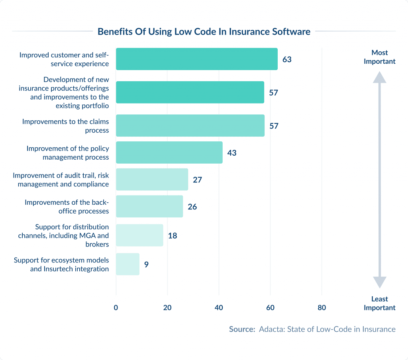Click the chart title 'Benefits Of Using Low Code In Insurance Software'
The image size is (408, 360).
[x=204, y=32]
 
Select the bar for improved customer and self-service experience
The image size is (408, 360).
[x=196, y=59]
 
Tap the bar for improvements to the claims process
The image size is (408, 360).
[x=190, y=125]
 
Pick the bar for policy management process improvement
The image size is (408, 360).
[x=169, y=153]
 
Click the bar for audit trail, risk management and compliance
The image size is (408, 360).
[x=152, y=179]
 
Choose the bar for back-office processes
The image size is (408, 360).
[x=149, y=206]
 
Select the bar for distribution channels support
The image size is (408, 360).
[x=139, y=235]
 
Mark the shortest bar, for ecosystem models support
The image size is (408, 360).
[x=127, y=264]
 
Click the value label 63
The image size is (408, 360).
[x=287, y=60]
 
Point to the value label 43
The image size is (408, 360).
[x=232, y=153]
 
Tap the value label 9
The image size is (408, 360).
[x=146, y=264]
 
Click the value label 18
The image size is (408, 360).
[x=172, y=235]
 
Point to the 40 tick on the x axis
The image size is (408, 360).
[x=219, y=307]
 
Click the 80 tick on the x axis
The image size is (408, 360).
[x=322, y=307]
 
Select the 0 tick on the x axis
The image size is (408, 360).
[x=116, y=307]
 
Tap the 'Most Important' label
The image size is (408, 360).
[x=379, y=57]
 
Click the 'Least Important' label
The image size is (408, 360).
[x=379, y=303]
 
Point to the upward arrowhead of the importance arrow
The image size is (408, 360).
[x=379, y=77]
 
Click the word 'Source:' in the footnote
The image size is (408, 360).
[x=242, y=329]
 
